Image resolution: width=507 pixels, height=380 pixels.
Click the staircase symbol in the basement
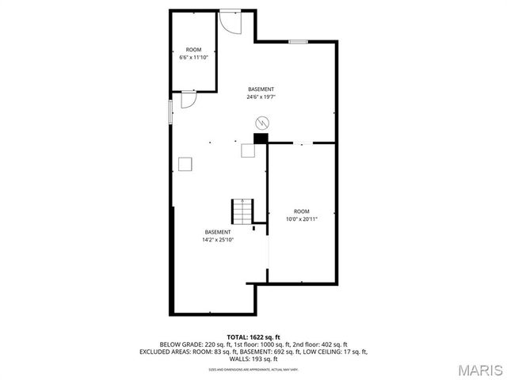pyautogui.click(x=242, y=211)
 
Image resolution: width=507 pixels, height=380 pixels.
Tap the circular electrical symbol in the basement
pyautogui.click(x=262, y=123)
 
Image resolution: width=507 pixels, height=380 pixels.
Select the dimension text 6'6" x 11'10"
pyautogui.click(x=194, y=57)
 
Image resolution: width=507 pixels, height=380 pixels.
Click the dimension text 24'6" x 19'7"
pyautogui.click(x=261, y=97)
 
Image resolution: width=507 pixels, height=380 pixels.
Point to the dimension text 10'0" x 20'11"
pyautogui.click(x=302, y=219)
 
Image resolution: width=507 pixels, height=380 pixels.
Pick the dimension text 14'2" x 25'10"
pyautogui.click(x=218, y=240)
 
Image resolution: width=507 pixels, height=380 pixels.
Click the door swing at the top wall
pyautogui.click(x=230, y=22)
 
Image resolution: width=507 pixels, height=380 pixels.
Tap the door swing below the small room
pyautogui.click(x=189, y=99)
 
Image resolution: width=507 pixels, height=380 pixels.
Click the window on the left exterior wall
pyautogui.click(x=170, y=111)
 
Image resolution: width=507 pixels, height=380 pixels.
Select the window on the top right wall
pyautogui.click(x=298, y=41)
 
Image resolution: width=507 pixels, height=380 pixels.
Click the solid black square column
pyautogui.click(x=259, y=138)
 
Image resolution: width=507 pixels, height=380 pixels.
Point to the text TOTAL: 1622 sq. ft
pyautogui.click(x=253, y=336)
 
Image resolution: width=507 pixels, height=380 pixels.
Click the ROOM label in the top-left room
pyautogui.click(x=194, y=50)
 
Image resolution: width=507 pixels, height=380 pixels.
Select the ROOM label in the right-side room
pyautogui.click(x=302, y=211)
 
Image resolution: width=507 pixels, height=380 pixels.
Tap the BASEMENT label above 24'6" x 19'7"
pyautogui.click(x=261, y=89)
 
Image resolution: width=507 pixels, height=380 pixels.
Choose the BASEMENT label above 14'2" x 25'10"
pyautogui.click(x=218, y=232)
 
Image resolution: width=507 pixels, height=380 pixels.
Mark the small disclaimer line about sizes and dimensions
pyautogui.click(x=253, y=369)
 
